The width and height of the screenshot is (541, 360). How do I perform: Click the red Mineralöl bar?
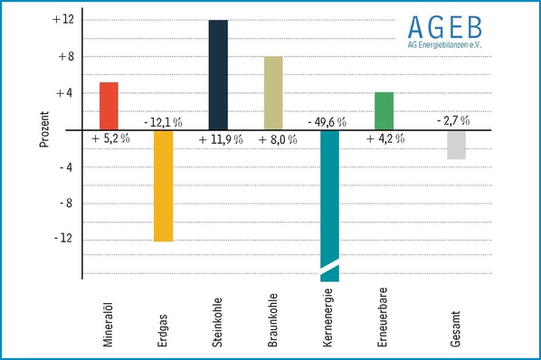point(109,106)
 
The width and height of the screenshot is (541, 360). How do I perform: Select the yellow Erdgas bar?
point(163,185)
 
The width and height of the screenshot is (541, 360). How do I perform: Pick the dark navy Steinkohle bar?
point(218,75)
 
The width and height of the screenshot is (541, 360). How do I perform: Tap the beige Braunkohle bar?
point(273,93)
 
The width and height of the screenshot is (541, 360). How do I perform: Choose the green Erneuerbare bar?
point(384,110)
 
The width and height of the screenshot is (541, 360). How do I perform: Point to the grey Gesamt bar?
point(456,145)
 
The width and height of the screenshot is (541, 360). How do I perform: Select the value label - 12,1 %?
point(164,121)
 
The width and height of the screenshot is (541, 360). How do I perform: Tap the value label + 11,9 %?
point(221,139)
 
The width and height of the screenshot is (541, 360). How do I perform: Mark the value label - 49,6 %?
point(329,121)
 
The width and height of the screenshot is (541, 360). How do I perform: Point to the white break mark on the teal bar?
point(328,265)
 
